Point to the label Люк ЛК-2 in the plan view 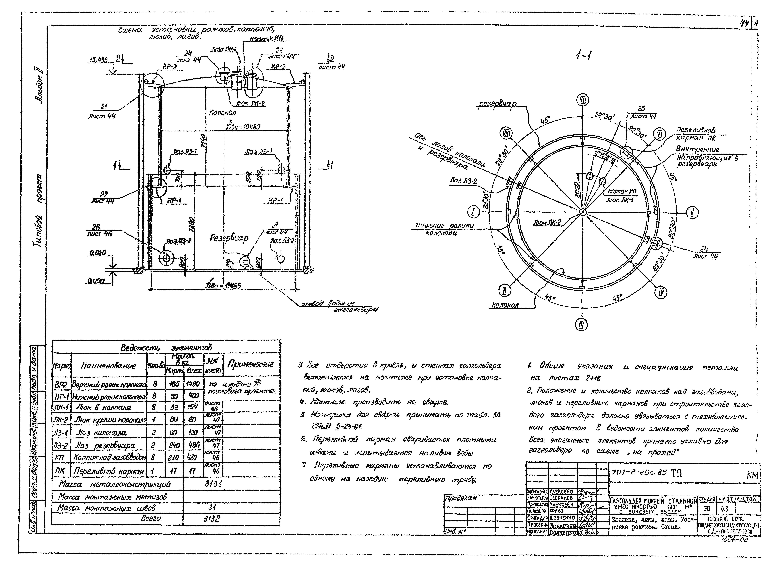coord(547,223)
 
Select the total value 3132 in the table coord(212,519)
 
